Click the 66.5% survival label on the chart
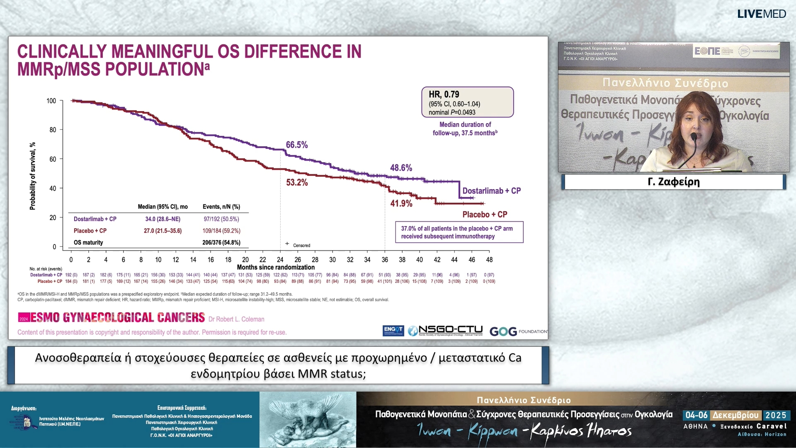click(297, 145)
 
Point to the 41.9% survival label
click(401, 203)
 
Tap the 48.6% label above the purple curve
click(401, 168)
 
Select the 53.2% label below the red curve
click(297, 183)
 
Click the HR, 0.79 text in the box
click(444, 95)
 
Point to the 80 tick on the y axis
click(53, 130)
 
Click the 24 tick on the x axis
click(280, 260)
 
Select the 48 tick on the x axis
click(489, 260)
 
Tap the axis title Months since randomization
click(276, 267)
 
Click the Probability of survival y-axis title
click(33, 176)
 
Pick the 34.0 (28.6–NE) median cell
click(163, 219)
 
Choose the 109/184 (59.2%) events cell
click(221, 231)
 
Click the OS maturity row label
click(88, 242)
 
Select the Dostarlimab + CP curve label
click(491, 191)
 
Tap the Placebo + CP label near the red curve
click(485, 214)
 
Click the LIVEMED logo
click(761, 14)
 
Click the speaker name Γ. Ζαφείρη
click(673, 182)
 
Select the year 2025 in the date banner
click(776, 415)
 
